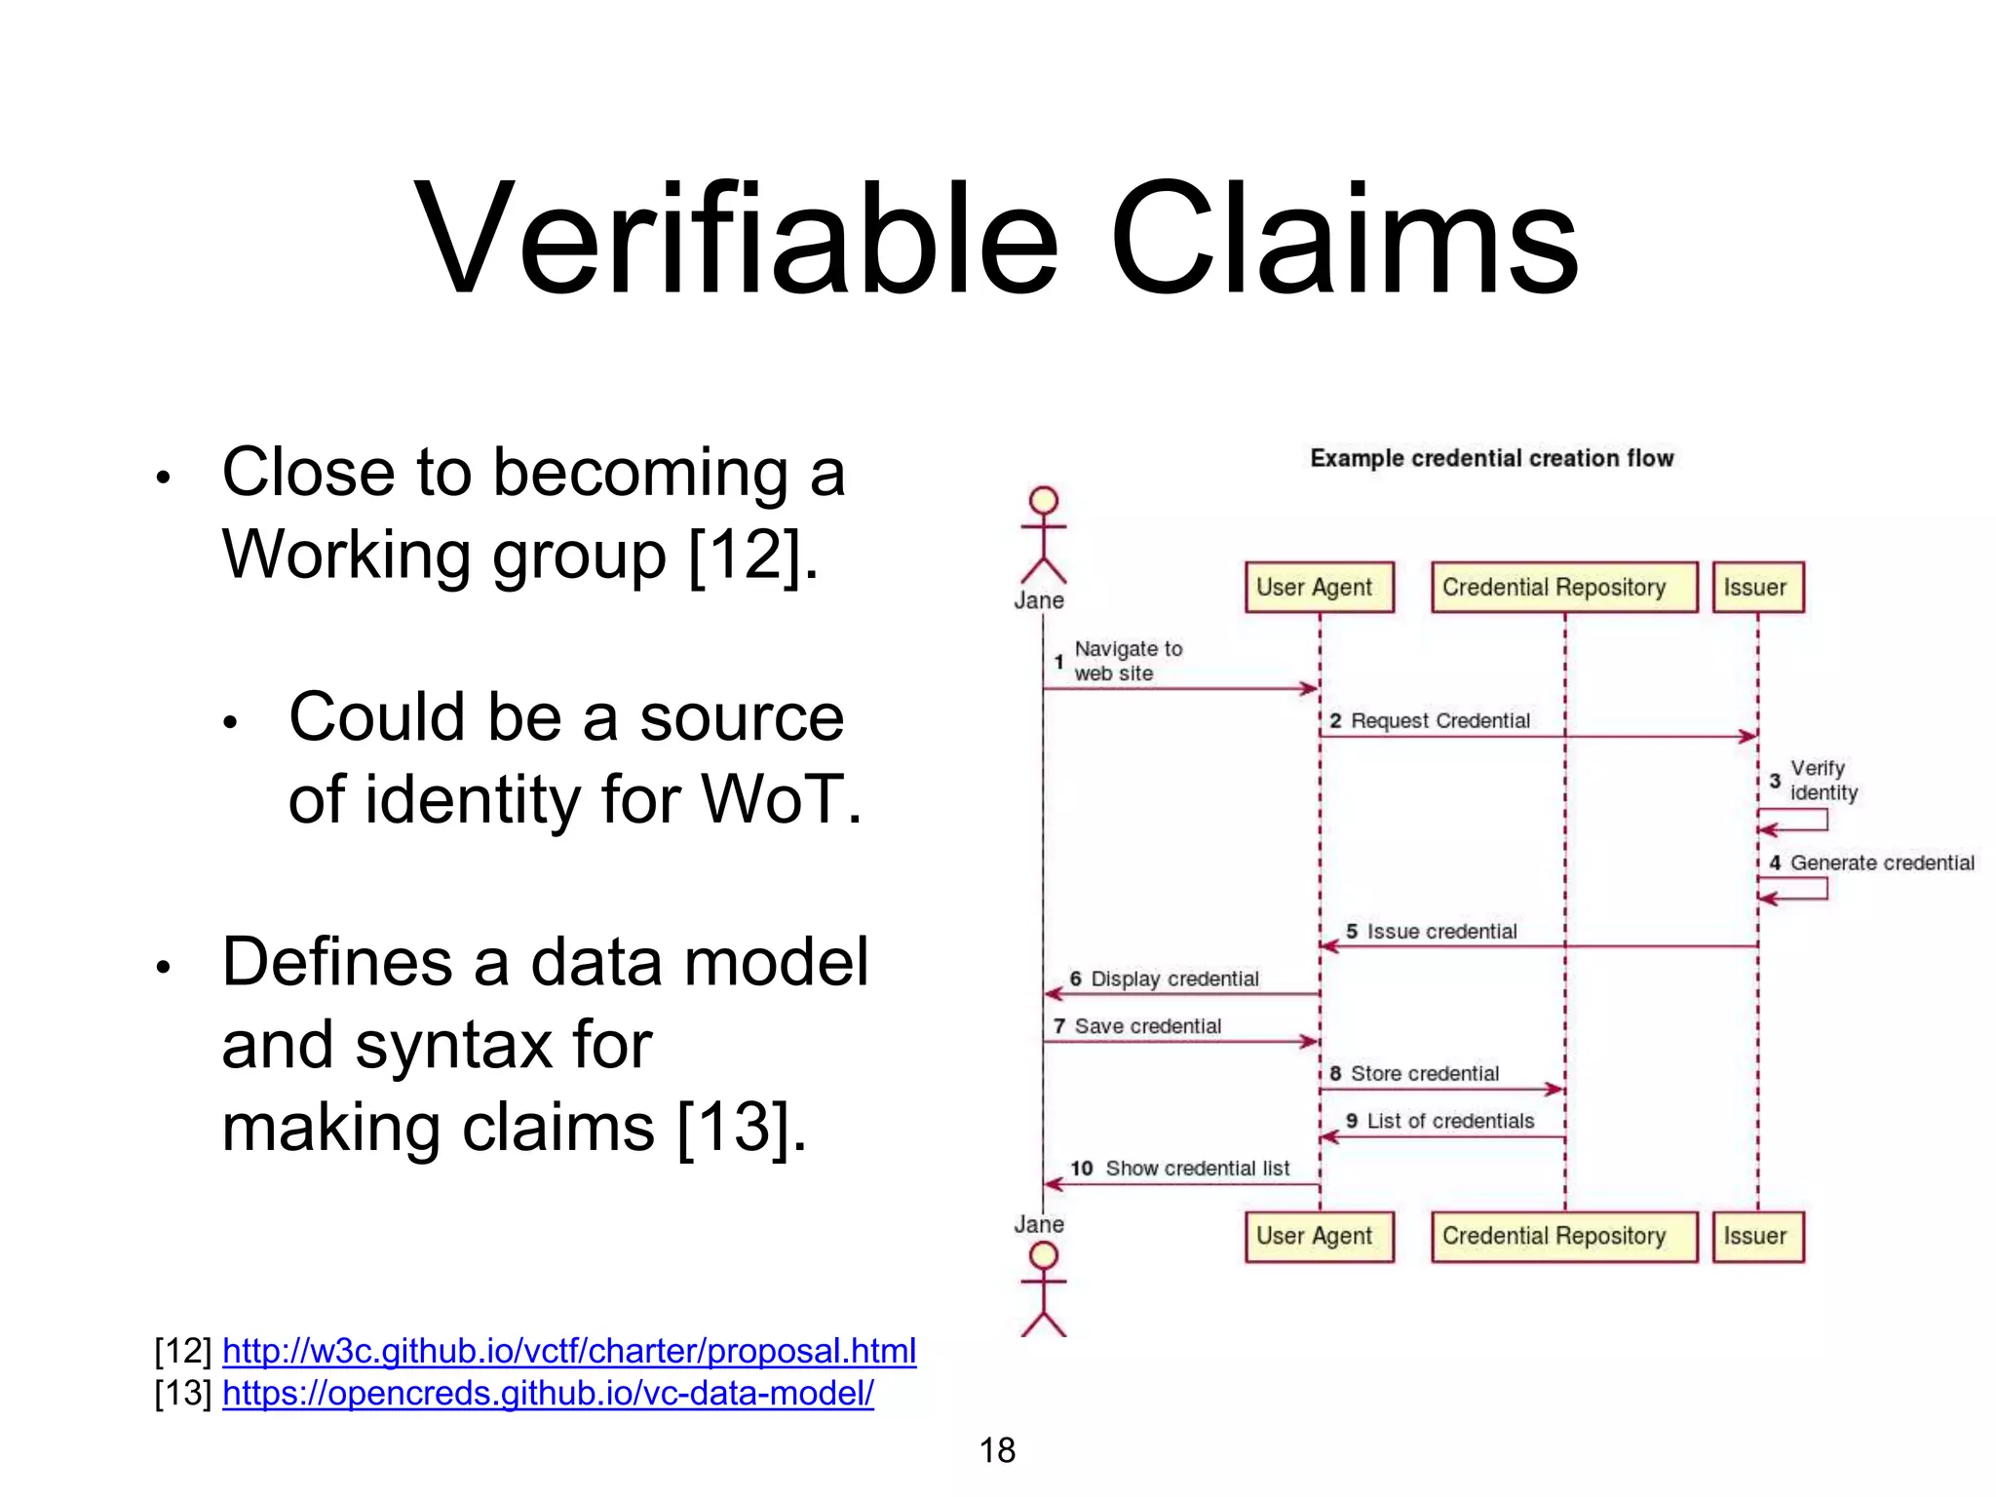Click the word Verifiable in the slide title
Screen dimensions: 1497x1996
736,239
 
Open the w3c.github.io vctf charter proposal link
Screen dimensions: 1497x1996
569,1351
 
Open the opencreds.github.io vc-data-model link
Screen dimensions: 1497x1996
548,1394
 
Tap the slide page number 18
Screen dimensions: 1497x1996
997,1450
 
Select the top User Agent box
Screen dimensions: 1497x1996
1319,588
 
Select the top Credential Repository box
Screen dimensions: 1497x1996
1563,588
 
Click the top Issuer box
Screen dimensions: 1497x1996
1757,588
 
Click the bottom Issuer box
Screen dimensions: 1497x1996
1757,1237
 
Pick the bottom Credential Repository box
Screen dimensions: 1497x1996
1563,1237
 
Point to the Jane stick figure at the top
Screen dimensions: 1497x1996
1043,536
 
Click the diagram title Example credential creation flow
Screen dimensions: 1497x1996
1491,458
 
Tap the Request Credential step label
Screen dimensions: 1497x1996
1439,721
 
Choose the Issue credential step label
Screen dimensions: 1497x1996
1440,932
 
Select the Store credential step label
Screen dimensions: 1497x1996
1424,1074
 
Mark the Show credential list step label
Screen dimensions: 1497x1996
1197,1169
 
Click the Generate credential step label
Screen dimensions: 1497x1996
1881,864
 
